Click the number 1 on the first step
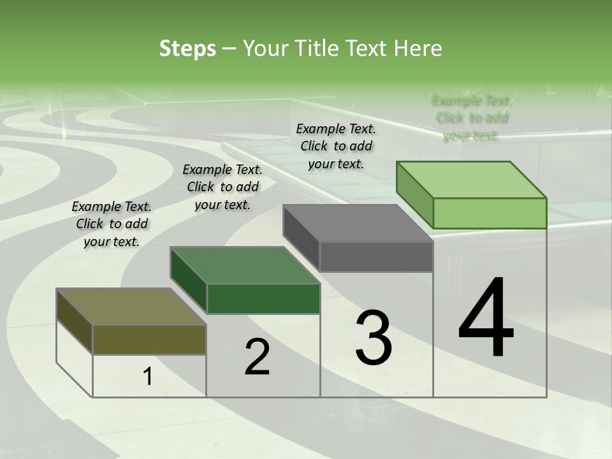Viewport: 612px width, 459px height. pos(148,377)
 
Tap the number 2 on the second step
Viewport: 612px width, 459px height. pos(257,357)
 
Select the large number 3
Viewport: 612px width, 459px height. pos(373,338)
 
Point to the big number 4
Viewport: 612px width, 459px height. pos(486,319)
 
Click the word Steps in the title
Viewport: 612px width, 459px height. pos(187,48)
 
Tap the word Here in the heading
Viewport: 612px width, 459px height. pos(419,48)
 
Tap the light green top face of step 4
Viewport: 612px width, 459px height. pos(472,180)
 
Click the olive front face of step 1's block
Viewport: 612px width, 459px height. pos(149,339)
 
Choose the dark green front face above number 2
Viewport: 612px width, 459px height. pos(263,298)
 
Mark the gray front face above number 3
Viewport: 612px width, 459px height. pos(376,257)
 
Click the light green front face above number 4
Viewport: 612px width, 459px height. pos(490,213)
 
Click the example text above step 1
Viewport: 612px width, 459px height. pos(112,224)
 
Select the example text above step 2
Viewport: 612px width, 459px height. pos(222,187)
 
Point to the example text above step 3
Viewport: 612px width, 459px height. pos(336,146)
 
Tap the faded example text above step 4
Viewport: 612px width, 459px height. pos(471,117)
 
